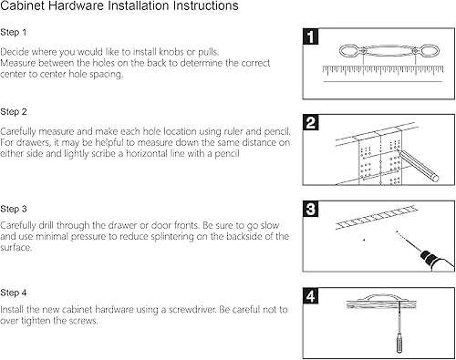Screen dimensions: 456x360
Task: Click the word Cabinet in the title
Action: pyautogui.click(x=23, y=5)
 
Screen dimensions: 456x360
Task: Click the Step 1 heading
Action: pyautogui.click(x=14, y=32)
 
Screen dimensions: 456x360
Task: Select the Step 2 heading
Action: pyautogui.click(x=14, y=112)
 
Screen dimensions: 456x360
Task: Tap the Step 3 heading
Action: pyautogui.click(x=14, y=209)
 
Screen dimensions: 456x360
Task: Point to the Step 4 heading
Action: pyautogui.click(x=14, y=293)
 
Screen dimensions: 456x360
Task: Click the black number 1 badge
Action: pyautogui.click(x=311, y=36)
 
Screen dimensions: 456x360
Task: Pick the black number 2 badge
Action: pyautogui.click(x=311, y=123)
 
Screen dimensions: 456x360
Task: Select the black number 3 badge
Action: pyautogui.click(x=311, y=209)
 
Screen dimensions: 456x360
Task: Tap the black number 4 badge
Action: pyautogui.click(x=311, y=296)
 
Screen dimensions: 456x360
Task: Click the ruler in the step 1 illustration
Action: pyautogui.click(x=383, y=70)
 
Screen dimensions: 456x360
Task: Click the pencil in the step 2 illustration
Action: pyautogui.click(x=418, y=166)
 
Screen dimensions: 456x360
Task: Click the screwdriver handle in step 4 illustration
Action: pyautogui.click(x=399, y=343)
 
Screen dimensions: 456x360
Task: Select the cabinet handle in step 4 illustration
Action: pyautogui.click(x=381, y=298)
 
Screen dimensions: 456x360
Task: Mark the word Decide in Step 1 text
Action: pyautogui.click(x=15, y=52)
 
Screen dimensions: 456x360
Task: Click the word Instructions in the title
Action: pyautogui.click(x=206, y=5)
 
